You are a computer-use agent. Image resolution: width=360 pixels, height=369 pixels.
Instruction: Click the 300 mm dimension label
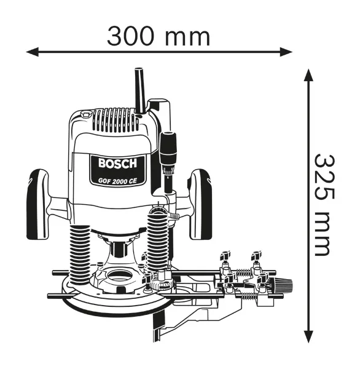158,37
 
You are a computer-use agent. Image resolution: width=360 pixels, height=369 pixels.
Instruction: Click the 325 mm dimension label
325,205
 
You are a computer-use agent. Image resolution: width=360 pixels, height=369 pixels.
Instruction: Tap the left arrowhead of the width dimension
32,52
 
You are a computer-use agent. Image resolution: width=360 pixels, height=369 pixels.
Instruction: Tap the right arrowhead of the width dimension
286,52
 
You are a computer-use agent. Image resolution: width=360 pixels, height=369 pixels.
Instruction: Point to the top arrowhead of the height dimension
308,75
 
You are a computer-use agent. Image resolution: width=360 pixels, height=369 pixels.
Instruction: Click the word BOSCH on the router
117,163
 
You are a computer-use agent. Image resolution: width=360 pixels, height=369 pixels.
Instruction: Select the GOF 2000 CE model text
117,181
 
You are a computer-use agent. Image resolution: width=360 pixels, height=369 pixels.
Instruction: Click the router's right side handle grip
200,204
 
